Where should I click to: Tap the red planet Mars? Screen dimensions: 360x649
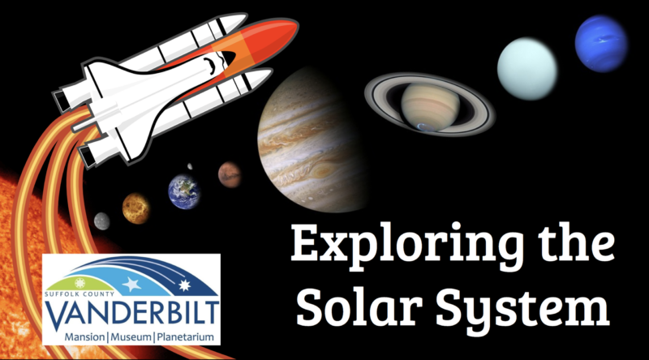pyautogui.click(x=230, y=173)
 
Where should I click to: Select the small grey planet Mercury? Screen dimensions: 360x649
pyautogui.click(x=101, y=221)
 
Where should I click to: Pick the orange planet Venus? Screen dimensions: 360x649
pyautogui.click(x=136, y=208)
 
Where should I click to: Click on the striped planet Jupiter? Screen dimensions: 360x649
pyautogui.click(x=312, y=139)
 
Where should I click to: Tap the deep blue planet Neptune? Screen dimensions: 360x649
pyautogui.click(x=600, y=43)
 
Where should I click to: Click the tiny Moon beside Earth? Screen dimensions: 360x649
pyautogui.click(x=190, y=166)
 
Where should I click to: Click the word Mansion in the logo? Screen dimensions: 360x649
pyautogui.click(x=84, y=333)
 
